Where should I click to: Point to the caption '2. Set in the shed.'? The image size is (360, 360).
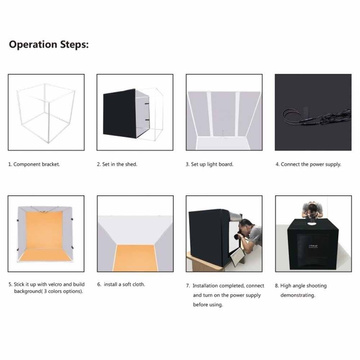tap(121, 164)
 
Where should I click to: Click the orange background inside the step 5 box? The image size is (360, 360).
tap(43, 236)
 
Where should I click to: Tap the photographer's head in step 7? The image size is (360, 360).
tap(254, 231)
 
